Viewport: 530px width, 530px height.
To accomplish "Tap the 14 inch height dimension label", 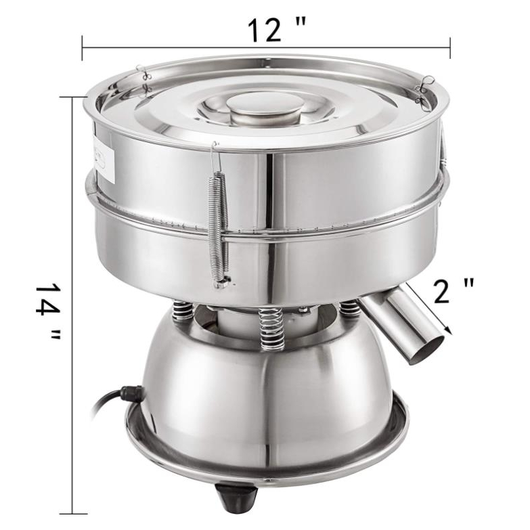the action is click(48, 311).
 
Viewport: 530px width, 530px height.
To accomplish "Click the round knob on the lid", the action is click(263, 109).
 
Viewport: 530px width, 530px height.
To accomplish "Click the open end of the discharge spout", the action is click(427, 350).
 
